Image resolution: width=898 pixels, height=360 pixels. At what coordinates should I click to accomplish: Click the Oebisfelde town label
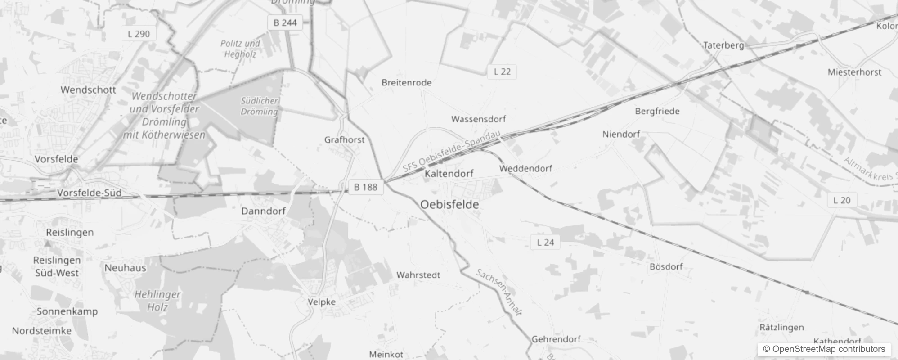[449, 205]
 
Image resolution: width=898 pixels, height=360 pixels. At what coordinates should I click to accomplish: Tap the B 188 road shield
[365, 187]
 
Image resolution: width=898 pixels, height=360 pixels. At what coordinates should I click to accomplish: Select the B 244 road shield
[285, 22]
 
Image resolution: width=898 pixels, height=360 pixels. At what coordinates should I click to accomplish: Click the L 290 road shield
[139, 34]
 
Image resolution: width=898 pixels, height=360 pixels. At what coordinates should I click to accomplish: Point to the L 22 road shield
[502, 72]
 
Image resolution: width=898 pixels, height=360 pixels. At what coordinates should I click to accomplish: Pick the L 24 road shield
[545, 243]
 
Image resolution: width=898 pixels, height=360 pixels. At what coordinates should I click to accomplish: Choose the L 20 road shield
[842, 200]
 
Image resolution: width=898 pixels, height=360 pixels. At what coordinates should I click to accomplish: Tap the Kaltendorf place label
[449, 174]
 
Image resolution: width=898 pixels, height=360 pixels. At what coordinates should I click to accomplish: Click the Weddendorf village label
[525, 169]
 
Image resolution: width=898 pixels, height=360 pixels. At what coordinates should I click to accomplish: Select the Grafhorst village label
[345, 140]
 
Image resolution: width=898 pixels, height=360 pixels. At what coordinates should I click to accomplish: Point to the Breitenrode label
[406, 83]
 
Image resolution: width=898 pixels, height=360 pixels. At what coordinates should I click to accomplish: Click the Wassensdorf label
[478, 119]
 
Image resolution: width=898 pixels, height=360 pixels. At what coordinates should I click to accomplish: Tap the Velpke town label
[322, 302]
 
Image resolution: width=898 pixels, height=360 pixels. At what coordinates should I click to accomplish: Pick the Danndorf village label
[264, 211]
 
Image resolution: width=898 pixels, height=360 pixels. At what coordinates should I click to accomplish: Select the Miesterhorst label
[854, 72]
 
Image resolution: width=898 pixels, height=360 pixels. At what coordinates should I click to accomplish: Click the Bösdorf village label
[666, 267]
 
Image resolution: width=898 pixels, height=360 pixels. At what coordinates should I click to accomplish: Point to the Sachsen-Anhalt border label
[499, 292]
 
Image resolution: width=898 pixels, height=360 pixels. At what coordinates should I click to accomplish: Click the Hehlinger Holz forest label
[157, 301]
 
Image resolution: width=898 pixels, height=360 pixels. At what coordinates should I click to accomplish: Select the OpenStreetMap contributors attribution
[824, 349]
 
